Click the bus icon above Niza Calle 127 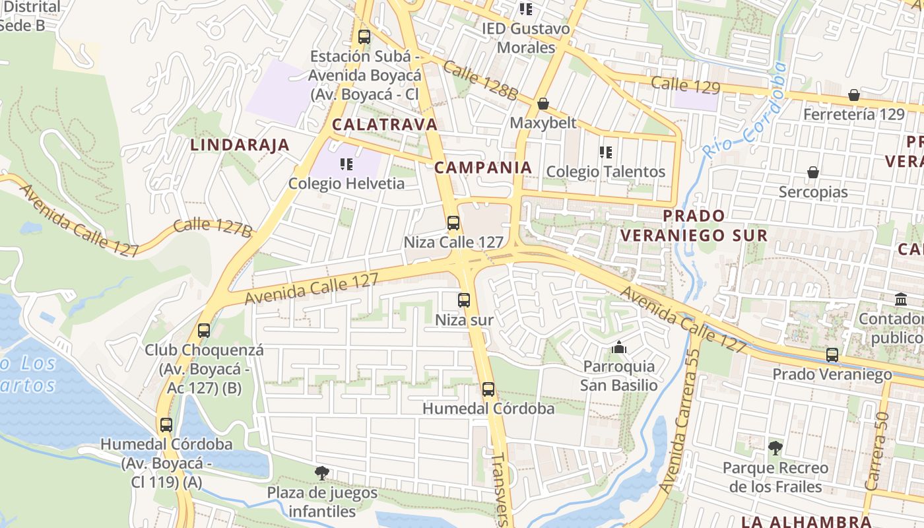pos(453,223)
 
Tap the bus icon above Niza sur pos(464,300)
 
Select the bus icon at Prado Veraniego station pos(832,355)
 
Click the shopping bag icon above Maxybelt pos(543,104)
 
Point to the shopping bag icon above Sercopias pos(813,172)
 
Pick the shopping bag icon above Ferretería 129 pos(854,95)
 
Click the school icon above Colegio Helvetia pos(346,164)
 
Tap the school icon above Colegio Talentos pos(605,152)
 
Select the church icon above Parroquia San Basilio pos(618,347)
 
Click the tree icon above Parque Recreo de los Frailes pos(775,448)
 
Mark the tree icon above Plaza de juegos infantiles pos(322,473)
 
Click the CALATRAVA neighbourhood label pos(385,124)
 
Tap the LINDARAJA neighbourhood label pos(240,145)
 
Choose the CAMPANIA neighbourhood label pos(483,168)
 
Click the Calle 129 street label pos(686,84)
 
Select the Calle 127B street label pos(213,226)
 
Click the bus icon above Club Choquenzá pos(204,331)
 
